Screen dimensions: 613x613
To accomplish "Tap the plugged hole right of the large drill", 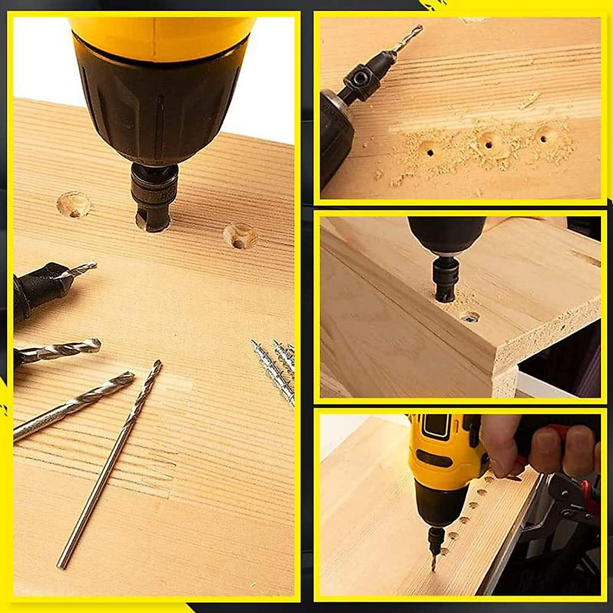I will [240, 236].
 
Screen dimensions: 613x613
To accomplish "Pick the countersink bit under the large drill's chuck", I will [153, 197].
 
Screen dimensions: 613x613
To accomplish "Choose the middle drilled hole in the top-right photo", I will [489, 145].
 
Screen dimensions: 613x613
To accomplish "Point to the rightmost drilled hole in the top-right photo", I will [546, 137].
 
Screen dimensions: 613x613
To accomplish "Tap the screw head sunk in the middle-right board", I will [470, 318].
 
